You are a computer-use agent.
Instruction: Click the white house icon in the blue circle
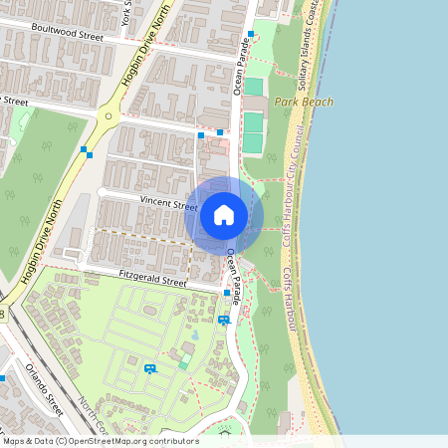[x=224, y=215]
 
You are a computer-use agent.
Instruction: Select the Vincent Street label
[x=168, y=203]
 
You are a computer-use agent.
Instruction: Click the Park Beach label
[x=304, y=102]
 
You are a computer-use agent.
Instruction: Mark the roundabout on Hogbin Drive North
[x=108, y=116]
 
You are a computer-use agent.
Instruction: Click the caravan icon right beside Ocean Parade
[x=224, y=320]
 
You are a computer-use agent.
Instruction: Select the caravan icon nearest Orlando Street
[x=150, y=368]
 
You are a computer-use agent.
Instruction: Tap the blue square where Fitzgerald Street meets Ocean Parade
[x=227, y=294]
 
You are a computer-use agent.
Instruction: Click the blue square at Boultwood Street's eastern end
[x=251, y=34]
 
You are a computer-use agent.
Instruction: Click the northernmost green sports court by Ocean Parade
[x=254, y=87]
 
